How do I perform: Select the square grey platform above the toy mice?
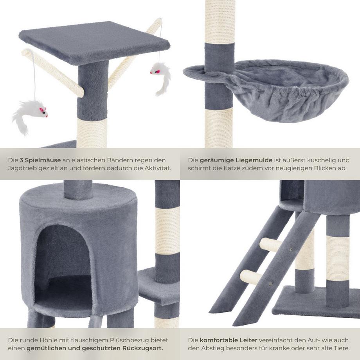(x=94, y=41)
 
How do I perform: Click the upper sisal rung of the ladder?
(x=271, y=245)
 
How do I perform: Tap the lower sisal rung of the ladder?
(x=250, y=277)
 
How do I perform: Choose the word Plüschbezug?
(x=125, y=340)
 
